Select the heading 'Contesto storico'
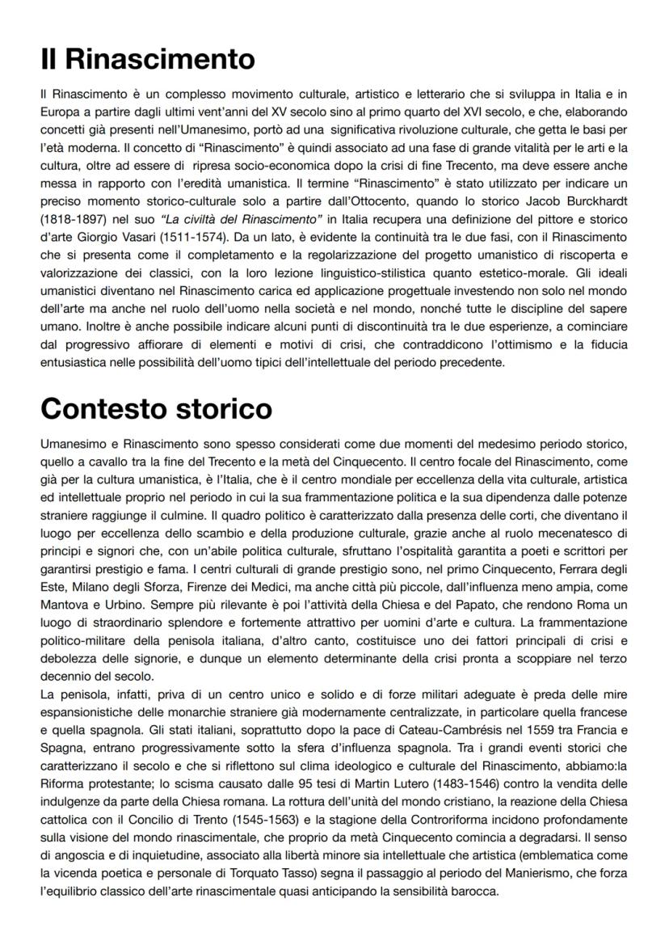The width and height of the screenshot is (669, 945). point(157,409)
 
